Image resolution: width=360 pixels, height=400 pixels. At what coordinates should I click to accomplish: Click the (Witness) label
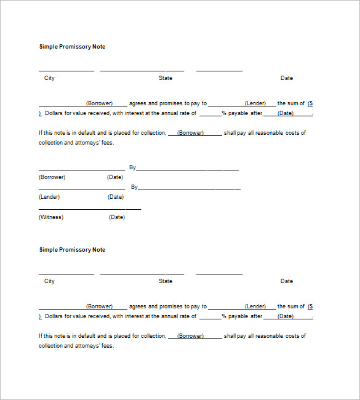click(x=51, y=217)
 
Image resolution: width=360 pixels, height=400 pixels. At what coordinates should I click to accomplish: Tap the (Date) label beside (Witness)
click(x=117, y=217)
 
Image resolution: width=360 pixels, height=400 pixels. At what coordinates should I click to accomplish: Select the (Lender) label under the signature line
click(x=49, y=197)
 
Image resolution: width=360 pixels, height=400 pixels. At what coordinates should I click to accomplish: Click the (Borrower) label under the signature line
click(x=52, y=177)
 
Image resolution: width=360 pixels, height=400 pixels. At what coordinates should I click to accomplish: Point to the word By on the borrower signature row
click(x=132, y=167)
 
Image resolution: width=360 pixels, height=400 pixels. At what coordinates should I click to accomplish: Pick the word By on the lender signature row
click(x=134, y=187)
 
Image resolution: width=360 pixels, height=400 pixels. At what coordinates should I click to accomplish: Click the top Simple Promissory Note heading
click(x=72, y=47)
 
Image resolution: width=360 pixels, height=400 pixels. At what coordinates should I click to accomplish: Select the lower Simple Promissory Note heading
click(x=72, y=250)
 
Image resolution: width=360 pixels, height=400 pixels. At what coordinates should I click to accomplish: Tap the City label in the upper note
click(x=49, y=78)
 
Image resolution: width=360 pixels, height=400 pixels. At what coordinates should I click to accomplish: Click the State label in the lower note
click(x=166, y=281)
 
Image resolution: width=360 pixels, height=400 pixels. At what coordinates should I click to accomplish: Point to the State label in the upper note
click(x=166, y=78)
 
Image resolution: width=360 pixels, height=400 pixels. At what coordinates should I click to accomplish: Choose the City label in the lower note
click(x=49, y=281)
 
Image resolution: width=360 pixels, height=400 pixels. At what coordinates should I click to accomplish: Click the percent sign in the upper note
click(x=224, y=113)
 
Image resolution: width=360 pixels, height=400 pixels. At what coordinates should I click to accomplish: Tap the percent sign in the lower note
click(x=224, y=316)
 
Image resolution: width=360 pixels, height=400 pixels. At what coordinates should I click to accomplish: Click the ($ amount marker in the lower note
click(x=310, y=306)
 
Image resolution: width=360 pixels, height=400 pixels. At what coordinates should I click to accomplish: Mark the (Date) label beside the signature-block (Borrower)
click(x=115, y=177)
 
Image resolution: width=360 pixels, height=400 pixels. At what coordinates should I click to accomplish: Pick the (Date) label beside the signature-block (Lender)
click(x=116, y=197)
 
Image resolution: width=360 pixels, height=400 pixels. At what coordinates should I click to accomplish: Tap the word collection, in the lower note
click(x=153, y=336)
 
